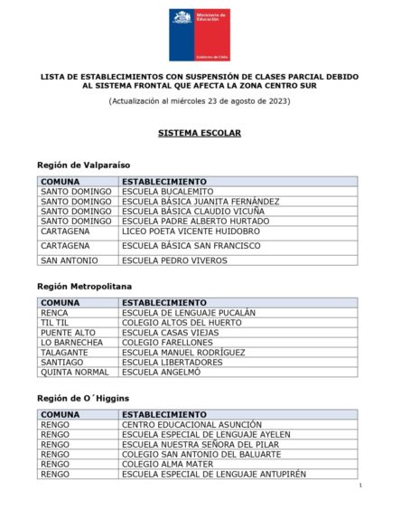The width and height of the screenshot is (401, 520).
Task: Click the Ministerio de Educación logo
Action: pyautogui.click(x=200, y=34)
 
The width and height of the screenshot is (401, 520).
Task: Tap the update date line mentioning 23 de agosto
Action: pyautogui.click(x=200, y=100)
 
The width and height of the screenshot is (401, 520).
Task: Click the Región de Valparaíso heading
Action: pyautogui.click(x=84, y=165)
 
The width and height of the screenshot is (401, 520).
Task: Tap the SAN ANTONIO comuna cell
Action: pyautogui.click(x=70, y=260)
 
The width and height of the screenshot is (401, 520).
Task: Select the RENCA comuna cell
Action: pyautogui.click(x=55, y=313)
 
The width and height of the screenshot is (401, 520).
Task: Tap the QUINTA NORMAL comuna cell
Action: pyautogui.click(x=75, y=372)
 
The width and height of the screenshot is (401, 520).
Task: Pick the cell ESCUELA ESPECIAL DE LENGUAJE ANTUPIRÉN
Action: pyautogui.click(x=214, y=474)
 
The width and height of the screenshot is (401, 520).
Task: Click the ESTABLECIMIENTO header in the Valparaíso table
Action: pyautogui.click(x=164, y=182)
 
